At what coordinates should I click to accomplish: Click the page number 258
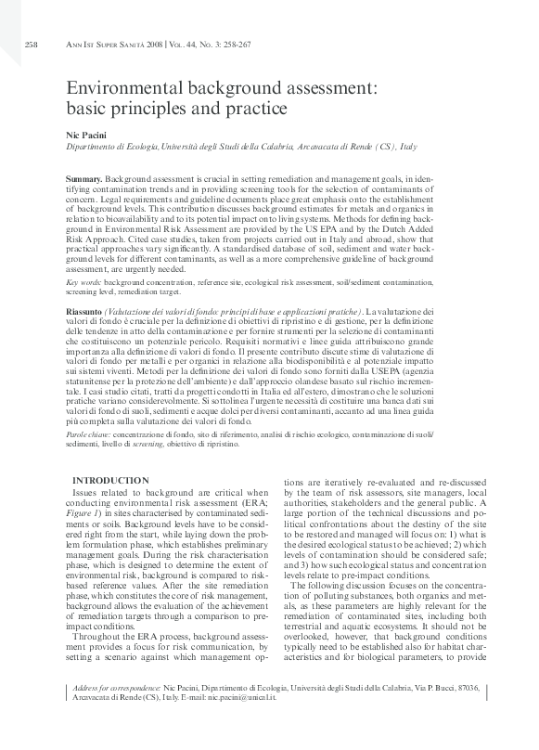pos(31,43)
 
